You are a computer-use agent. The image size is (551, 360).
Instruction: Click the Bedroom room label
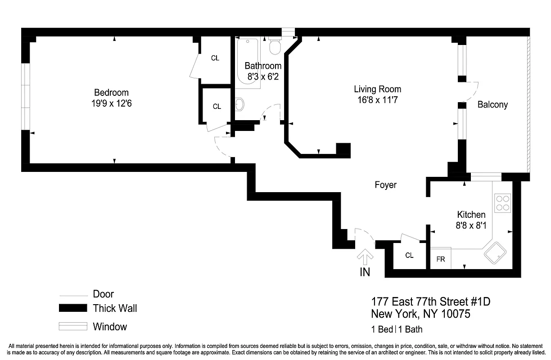pyautogui.click(x=111, y=93)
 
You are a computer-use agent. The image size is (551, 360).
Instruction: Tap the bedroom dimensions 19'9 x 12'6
pyautogui.click(x=111, y=103)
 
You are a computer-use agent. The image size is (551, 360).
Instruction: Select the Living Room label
pyautogui.click(x=377, y=89)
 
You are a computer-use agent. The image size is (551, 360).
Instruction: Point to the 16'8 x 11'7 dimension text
pyautogui.click(x=377, y=99)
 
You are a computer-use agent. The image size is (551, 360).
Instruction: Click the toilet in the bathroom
pyautogui.click(x=275, y=46)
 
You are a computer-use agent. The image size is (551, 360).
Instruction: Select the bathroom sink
pyautogui.click(x=239, y=104)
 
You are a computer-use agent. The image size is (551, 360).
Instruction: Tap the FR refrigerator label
pyautogui.click(x=441, y=259)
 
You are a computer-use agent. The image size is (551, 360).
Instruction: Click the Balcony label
pyautogui.click(x=492, y=104)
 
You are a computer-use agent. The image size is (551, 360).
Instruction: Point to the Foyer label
pyautogui.click(x=386, y=185)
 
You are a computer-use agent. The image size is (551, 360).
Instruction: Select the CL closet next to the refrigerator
pyautogui.click(x=409, y=256)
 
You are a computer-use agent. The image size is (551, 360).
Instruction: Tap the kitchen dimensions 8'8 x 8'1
pyautogui.click(x=471, y=225)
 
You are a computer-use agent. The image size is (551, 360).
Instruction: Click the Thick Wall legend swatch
pyautogui.click(x=73, y=308)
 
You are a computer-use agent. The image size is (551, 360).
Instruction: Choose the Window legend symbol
pyautogui.click(x=73, y=326)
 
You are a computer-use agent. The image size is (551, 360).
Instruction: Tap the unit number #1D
pyautogui.click(x=478, y=301)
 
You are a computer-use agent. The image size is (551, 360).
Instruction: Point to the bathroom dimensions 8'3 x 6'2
pyautogui.click(x=263, y=76)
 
